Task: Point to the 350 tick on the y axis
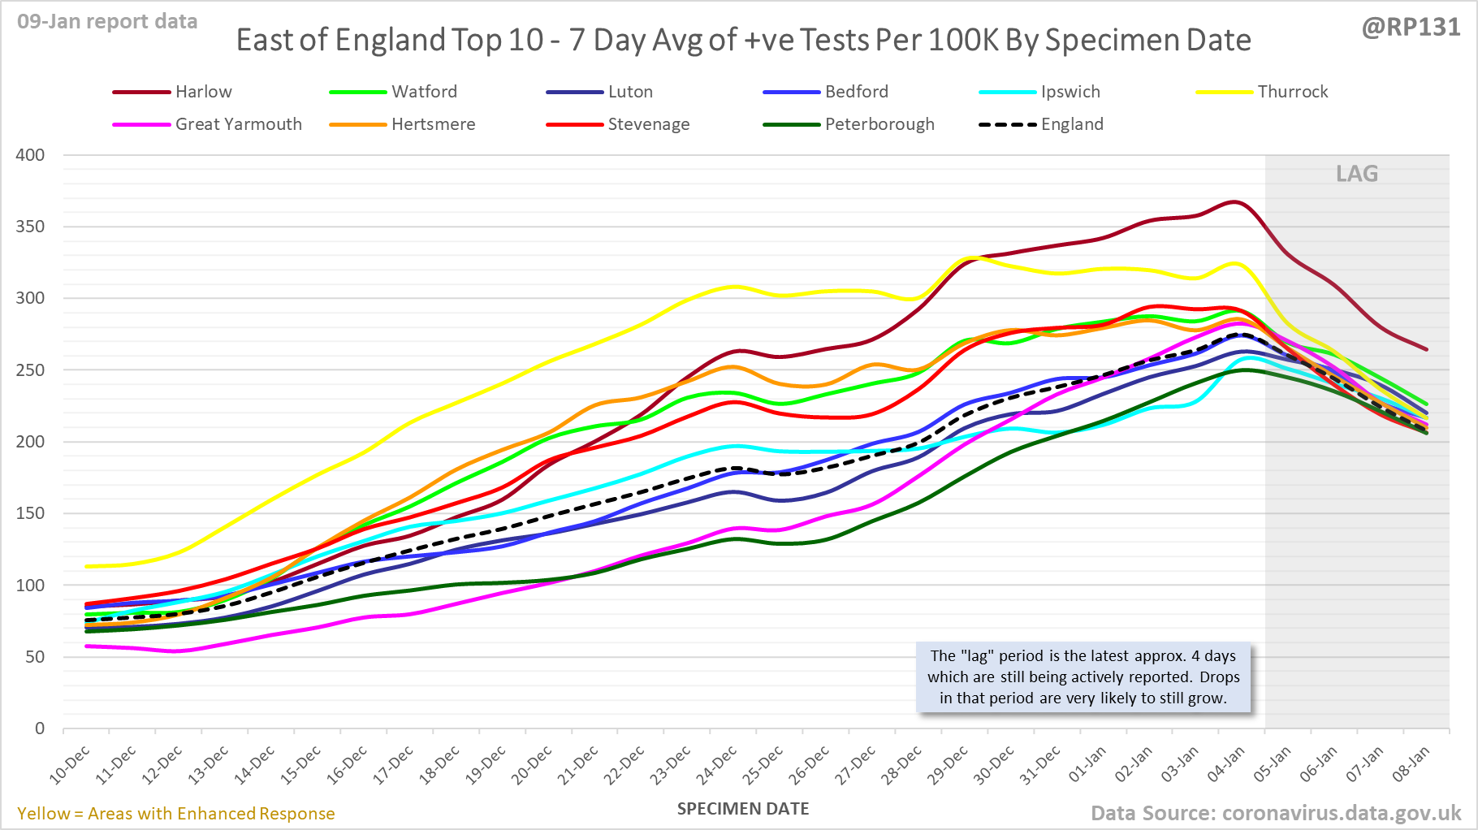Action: tap(30, 227)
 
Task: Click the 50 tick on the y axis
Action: tap(35, 657)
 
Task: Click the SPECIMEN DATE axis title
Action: tap(743, 809)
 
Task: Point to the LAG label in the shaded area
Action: tap(1357, 174)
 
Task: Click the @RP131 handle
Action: tap(1411, 28)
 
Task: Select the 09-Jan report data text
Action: tap(107, 22)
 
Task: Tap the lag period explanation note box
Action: tap(1083, 677)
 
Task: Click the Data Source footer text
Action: tap(1275, 813)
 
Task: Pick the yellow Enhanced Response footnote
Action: tap(176, 814)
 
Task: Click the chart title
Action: tap(743, 40)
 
